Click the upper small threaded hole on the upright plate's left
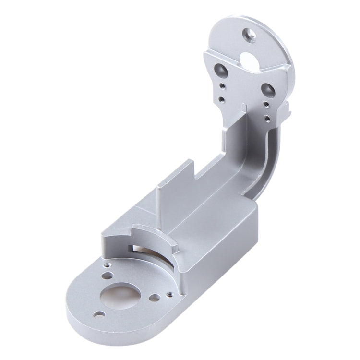point(221,86)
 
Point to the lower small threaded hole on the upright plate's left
point(221,99)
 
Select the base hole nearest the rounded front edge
point(99,314)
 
